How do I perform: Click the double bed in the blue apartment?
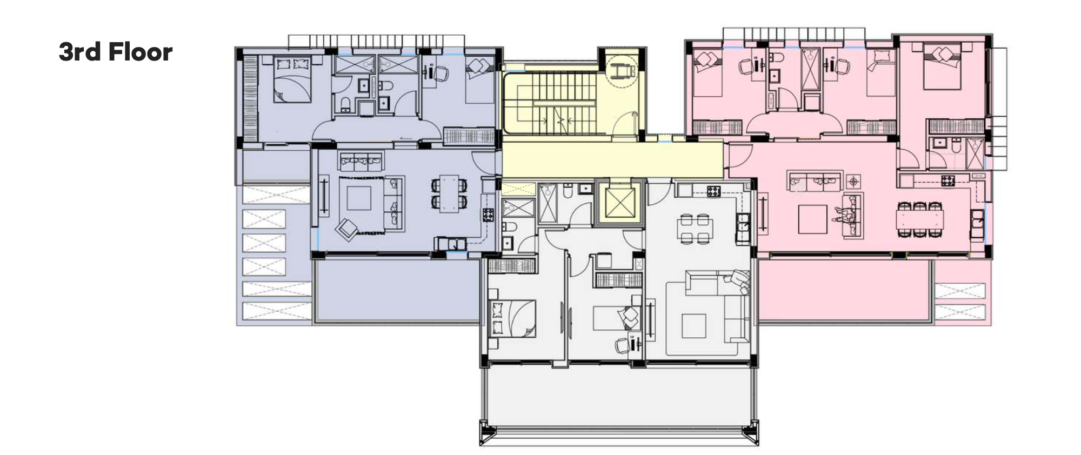point(292,80)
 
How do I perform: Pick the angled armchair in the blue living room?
point(346,229)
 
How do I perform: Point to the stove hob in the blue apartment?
point(488,215)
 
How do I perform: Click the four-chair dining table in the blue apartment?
point(449,193)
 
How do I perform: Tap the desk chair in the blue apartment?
point(440,73)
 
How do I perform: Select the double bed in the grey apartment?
point(512,318)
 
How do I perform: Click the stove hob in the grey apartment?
point(713,190)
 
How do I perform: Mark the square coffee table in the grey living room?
point(693,326)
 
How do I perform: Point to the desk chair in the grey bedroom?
point(623,345)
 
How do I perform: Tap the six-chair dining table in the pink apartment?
point(920,219)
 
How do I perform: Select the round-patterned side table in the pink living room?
point(853,181)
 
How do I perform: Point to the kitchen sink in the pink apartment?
point(977,223)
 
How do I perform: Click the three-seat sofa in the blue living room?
point(361,160)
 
